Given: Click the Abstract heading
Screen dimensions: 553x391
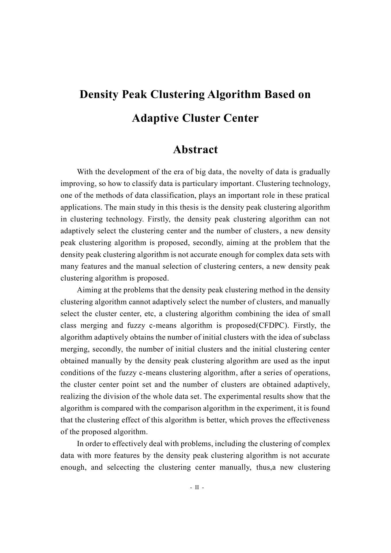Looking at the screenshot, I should [195, 149].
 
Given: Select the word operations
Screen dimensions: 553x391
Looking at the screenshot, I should [313, 373].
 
